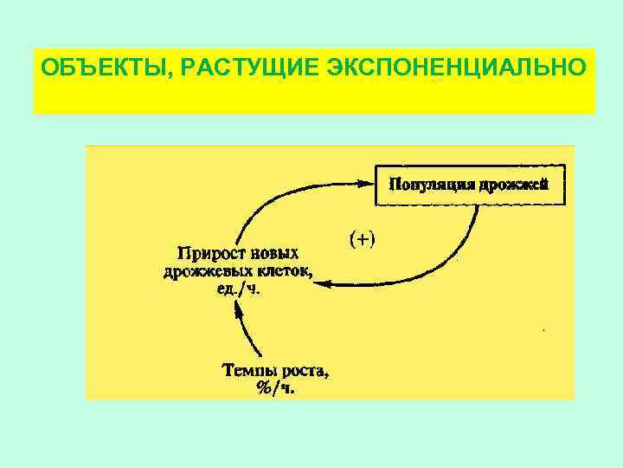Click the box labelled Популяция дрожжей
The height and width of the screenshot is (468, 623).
[469, 184]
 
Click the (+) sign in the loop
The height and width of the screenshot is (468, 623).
[362, 237]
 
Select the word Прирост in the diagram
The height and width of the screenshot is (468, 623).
[207, 254]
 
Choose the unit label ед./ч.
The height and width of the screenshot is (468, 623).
[237, 289]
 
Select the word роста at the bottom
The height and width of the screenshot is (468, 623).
[303, 372]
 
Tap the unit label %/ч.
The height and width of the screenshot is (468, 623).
[275, 389]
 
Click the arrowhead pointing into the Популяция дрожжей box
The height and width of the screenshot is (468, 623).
[364, 181]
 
